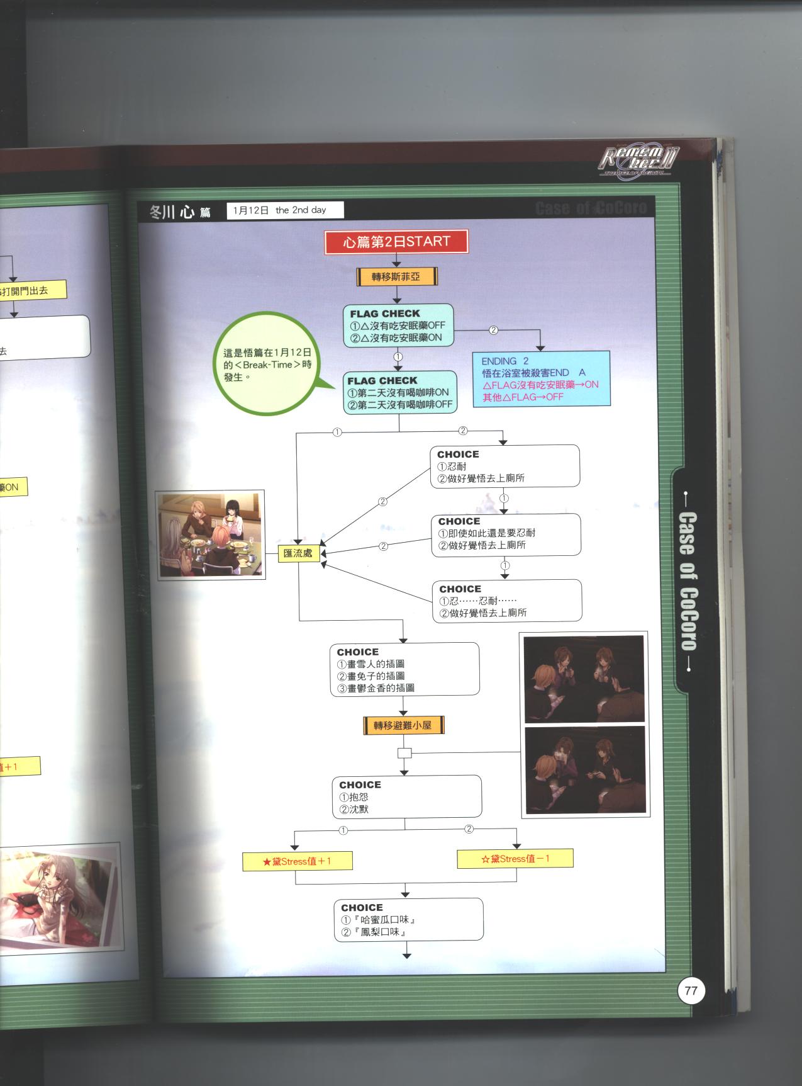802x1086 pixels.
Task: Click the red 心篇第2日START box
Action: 397,242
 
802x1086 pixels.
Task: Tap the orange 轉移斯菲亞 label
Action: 396,276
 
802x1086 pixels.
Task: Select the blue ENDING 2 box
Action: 541,378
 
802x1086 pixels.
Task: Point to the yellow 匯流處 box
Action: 298,553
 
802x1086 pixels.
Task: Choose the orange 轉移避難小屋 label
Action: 403,725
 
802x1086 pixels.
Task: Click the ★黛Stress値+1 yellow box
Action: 297,861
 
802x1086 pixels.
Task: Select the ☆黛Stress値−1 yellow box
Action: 515,859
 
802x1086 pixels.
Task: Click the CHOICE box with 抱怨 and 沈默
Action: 406,796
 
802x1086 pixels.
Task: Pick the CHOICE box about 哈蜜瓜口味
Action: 408,920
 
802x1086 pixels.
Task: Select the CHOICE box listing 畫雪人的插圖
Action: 404,669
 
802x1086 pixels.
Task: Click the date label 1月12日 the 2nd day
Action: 285,210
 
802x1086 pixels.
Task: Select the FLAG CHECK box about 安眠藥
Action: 398,325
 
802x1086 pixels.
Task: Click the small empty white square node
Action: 404,753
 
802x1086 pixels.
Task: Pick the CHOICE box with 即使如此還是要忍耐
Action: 506,535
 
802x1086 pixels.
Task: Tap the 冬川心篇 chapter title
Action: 180,212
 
